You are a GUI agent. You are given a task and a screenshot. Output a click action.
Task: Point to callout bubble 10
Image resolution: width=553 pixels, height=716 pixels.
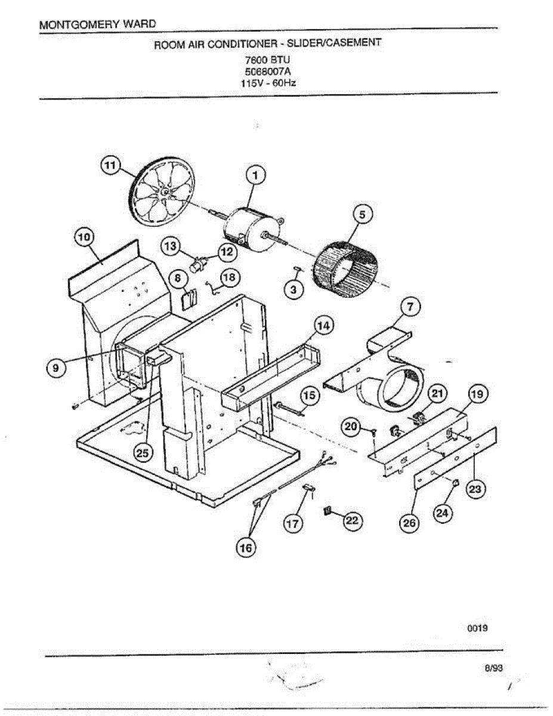[84, 237]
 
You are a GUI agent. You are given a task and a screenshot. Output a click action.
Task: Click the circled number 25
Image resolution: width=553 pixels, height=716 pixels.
[142, 453]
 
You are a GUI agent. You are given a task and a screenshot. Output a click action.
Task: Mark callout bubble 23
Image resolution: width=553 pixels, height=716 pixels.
[475, 489]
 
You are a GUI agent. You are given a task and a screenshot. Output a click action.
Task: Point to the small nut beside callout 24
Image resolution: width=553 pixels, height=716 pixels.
[456, 483]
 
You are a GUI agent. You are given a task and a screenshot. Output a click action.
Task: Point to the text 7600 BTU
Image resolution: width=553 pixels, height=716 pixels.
[267, 60]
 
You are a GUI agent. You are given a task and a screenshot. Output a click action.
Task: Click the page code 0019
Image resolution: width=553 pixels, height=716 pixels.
[478, 628]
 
